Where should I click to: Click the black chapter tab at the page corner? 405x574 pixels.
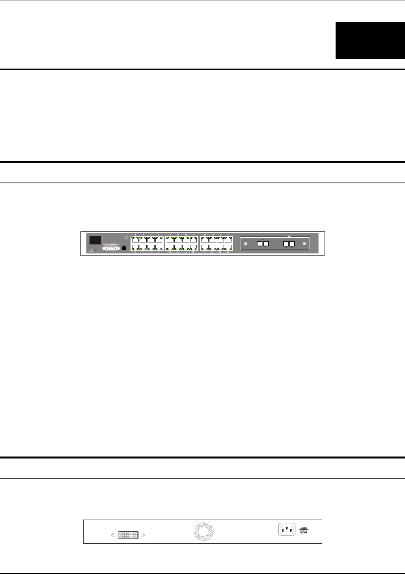click(x=370, y=41)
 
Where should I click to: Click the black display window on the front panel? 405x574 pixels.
click(x=95, y=240)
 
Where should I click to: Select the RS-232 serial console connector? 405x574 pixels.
click(x=111, y=248)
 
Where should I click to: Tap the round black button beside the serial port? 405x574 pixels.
click(x=124, y=248)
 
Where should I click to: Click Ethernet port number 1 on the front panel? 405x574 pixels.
click(x=135, y=240)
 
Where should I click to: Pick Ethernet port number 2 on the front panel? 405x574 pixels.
click(x=135, y=248)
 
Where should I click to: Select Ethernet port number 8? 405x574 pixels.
click(x=159, y=248)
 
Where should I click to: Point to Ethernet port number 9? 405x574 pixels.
click(x=170, y=240)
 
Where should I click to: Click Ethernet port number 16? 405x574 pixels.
click(x=193, y=248)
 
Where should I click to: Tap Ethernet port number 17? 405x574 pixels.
click(x=205, y=240)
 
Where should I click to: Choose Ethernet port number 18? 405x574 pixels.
click(x=205, y=248)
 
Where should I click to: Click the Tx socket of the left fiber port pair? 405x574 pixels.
click(x=260, y=244)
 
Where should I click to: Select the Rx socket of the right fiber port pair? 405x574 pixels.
click(x=292, y=244)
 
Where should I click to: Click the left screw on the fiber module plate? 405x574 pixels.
click(x=246, y=244)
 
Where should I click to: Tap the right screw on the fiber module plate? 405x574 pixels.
click(x=304, y=244)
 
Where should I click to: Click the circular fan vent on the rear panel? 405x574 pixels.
click(x=203, y=531)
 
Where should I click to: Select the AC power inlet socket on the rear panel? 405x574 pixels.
click(x=287, y=529)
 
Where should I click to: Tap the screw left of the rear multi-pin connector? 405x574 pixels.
click(x=113, y=535)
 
